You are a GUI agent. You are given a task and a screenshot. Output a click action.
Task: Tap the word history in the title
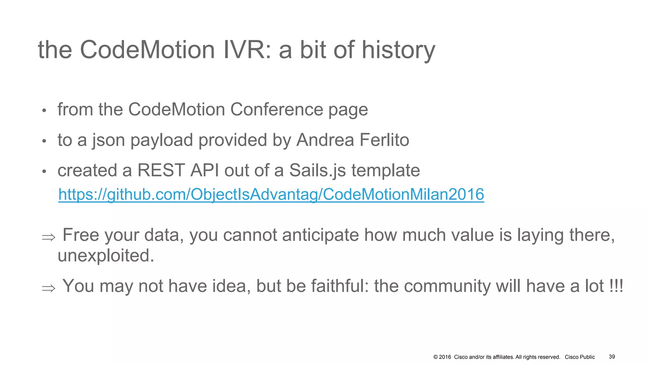[x=398, y=51]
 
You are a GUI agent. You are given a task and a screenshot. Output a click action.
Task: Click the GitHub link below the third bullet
[x=271, y=194]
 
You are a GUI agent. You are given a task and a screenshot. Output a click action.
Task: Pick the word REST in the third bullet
[x=161, y=170]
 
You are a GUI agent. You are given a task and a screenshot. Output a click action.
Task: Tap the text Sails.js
[x=318, y=171]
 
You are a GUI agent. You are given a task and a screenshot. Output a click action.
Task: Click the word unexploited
[x=106, y=255]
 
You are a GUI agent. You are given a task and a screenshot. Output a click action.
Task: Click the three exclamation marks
[x=616, y=286]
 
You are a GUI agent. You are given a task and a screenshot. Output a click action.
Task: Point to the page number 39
[x=612, y=357]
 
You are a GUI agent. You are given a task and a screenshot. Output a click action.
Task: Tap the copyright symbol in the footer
[x=435, y=357]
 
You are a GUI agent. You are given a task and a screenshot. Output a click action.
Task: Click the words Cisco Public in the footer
[x=580, y=357]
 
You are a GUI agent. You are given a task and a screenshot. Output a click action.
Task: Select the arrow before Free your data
[x=49, y=237]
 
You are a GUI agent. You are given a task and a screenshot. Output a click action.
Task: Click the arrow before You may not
[x=49, y=288]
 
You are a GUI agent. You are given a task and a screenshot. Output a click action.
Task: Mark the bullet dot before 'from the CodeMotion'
[x=44, y=111]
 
